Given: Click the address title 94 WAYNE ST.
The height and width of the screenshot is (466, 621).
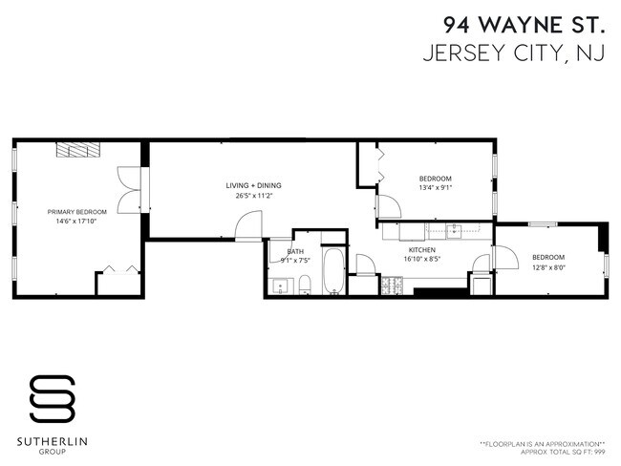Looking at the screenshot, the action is (x=524, y=25).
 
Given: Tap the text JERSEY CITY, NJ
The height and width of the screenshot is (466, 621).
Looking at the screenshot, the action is (x=514, y=53).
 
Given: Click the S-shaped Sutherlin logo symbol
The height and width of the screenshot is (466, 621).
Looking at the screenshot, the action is (x=53, y=398).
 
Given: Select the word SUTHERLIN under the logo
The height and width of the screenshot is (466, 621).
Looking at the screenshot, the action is (x=53, y=442).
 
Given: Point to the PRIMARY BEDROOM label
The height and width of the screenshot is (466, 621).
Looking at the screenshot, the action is (x=77, y=212).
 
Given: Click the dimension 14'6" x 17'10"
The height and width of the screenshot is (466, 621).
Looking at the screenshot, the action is (x=76, y=222).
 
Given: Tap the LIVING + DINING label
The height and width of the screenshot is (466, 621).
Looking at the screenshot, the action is (x=253, y=185).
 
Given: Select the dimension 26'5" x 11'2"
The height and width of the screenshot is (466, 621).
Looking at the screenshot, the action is (x=253, y=196).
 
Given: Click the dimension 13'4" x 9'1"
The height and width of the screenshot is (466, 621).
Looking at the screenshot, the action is (x=436, y=188).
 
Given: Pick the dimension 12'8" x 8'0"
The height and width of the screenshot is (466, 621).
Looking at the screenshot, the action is (x=548, y=267).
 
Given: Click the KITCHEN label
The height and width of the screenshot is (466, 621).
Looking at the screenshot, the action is (x=422, y=250).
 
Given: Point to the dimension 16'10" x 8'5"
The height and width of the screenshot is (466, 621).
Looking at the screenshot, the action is (x=422, y=260).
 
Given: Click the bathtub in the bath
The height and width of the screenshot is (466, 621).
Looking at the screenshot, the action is (x=333, y=271).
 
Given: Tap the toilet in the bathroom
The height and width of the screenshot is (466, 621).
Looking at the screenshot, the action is (x=305, y=286).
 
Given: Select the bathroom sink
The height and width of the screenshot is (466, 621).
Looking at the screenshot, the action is (x=280, y=286).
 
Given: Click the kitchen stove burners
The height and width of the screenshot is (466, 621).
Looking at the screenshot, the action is (x=392, y=286).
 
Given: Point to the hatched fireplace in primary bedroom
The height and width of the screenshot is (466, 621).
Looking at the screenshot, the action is (x=78, y=150).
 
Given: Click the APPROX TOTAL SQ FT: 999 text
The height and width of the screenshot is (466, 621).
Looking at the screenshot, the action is (x=563, y=452).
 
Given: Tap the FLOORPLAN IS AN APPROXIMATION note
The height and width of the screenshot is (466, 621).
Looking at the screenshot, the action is (x=543, y=444).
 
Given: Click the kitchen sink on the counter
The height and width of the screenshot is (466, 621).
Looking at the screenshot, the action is (x=454, y=232).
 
